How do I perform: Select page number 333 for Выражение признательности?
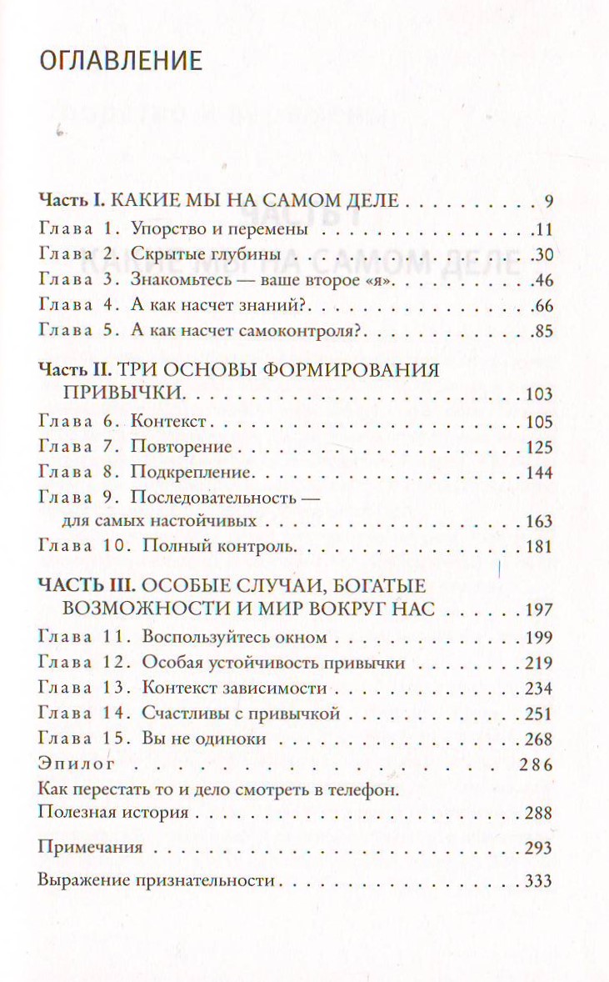point(539,881)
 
